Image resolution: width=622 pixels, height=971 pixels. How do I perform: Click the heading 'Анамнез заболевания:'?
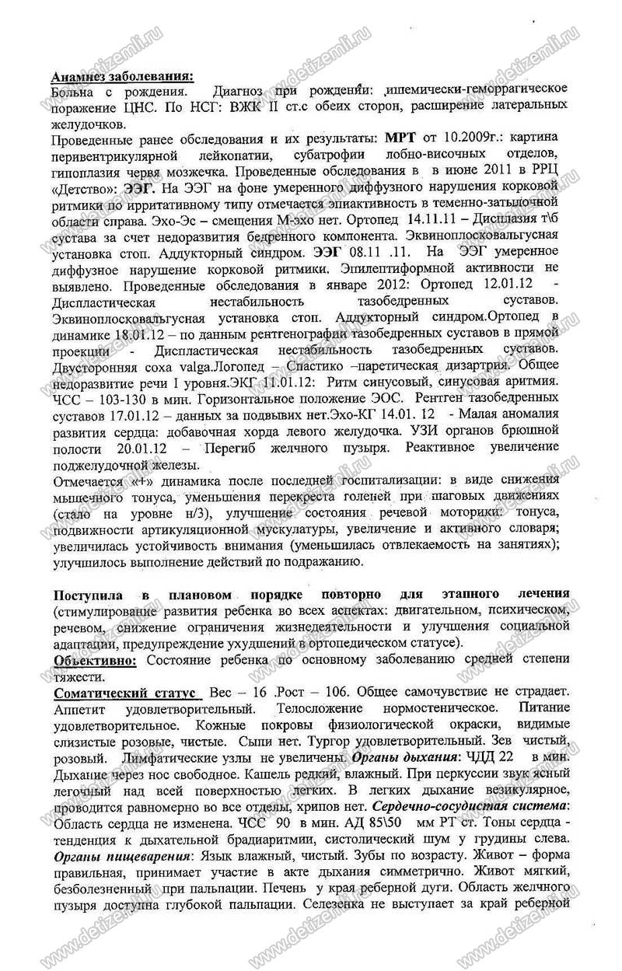[x=122, y=76]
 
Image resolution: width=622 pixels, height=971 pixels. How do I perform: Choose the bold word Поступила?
[x=91, y=593]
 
